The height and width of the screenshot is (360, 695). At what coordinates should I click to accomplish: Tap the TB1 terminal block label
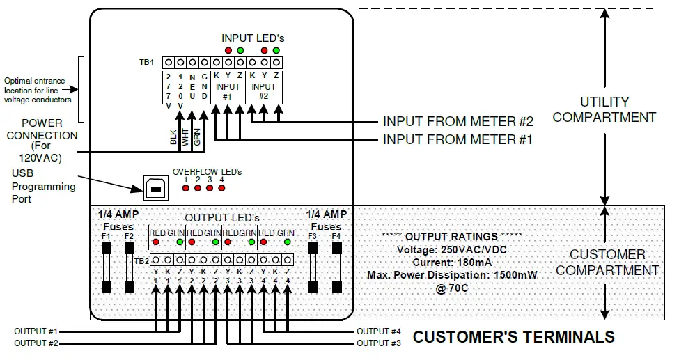[x=146, y=62]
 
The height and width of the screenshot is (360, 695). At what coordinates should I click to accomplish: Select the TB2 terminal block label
[x=141, y=260]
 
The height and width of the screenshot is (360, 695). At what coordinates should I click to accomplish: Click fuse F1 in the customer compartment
[x=107, y=268]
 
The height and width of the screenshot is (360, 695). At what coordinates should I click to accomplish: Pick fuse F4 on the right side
[x=336, y=268]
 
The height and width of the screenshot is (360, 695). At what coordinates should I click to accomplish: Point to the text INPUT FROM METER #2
[x=458, y=120]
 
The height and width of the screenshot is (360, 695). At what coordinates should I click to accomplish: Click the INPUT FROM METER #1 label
[x=458, y=140]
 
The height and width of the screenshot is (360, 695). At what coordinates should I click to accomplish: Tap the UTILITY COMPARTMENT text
[x=604, y=109]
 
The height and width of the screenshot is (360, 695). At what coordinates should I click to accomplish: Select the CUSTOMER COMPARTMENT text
[x=607, y=262]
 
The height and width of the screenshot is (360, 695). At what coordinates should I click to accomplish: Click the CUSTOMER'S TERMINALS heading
[x=513, y=338]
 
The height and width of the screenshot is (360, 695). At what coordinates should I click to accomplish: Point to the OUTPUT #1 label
[x=36, y=331]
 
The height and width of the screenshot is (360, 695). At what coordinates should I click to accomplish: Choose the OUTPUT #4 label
[x=379, y=331]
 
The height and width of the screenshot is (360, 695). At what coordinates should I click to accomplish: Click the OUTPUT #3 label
[x=379, y=343]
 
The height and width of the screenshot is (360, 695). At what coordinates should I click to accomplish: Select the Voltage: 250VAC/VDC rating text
[x=451, y=250]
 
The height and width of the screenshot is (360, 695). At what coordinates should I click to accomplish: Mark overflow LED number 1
[x=186, y=188]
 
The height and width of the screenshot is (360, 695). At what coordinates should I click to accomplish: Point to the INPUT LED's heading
[x=253, y=38]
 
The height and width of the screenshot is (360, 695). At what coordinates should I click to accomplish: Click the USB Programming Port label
[x=43, y=187]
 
